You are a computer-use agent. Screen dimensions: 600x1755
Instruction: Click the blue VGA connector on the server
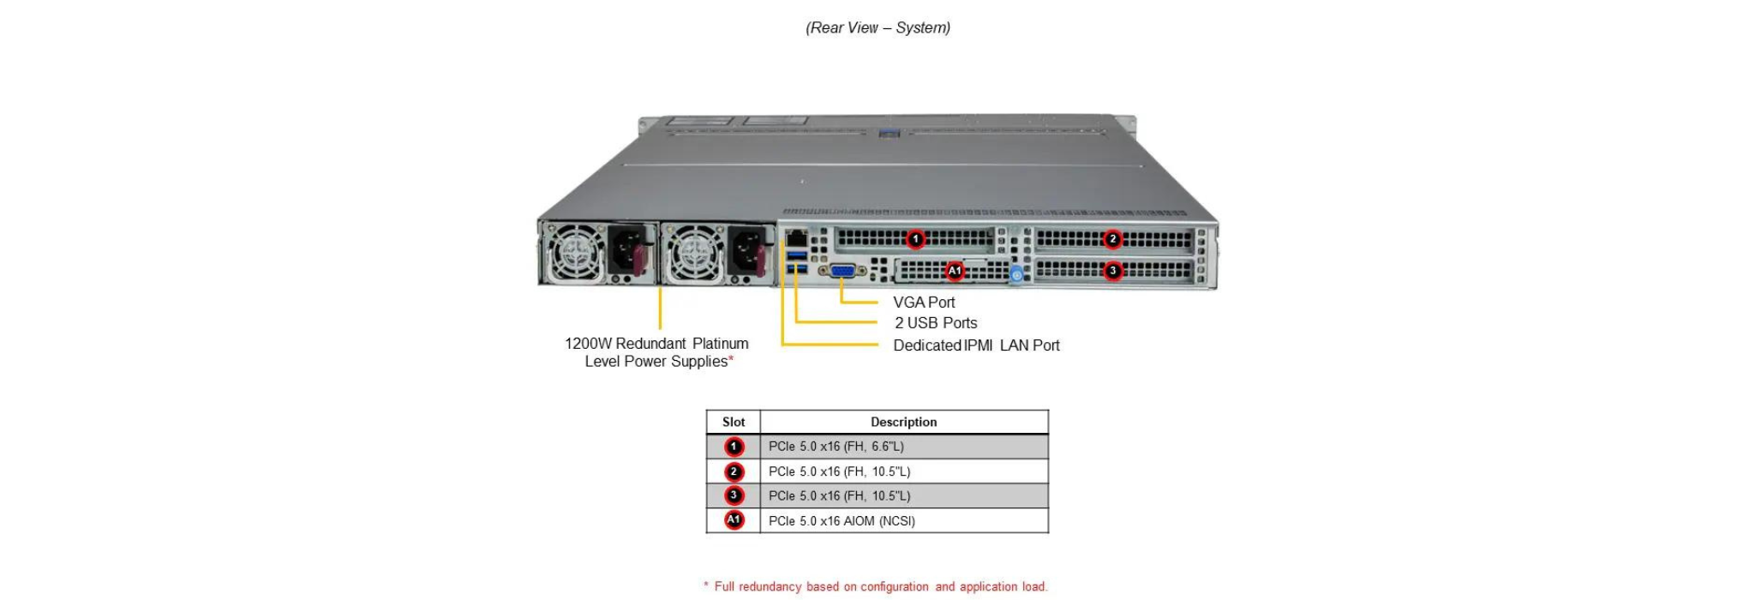point(842,271)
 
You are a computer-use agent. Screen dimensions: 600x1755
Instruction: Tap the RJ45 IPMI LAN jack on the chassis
point(796,237)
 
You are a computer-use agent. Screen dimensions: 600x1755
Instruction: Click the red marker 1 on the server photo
point(915,239)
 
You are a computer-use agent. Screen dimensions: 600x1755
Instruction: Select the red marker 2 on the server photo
point(1112,239)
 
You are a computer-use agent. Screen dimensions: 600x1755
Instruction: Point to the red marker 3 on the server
point(1112,271)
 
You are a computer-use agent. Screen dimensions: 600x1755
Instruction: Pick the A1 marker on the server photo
point(954,271)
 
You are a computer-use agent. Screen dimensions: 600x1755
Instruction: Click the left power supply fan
point(576,252)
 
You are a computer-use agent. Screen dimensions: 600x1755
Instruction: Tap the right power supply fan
point(696,252)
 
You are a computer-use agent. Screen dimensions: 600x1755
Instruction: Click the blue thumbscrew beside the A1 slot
point(1017,274)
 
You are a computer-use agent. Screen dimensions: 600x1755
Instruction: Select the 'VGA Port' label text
point(924,303)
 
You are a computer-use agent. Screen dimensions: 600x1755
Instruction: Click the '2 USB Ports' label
point(936,323)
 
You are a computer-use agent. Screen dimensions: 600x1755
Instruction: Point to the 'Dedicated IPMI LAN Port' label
point(976,345)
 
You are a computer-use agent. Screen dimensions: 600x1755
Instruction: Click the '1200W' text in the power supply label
point(587,344)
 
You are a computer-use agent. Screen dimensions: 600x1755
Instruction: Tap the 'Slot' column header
point(734,422)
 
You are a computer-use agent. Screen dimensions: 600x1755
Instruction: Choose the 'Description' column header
point(903,422)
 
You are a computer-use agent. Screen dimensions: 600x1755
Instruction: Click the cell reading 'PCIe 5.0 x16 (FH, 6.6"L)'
point(836,447)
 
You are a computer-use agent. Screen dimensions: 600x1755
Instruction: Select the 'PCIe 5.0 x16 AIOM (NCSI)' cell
point(842,521)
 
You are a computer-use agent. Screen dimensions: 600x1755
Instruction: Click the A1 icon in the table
point(734,520)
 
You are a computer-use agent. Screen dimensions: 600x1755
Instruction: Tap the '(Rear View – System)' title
point(877,28)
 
